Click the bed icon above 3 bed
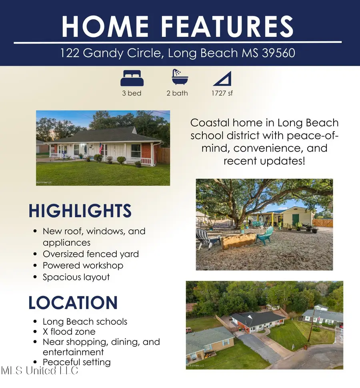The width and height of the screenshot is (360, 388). click(132, 78)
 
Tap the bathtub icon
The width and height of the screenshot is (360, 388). click(177, 77)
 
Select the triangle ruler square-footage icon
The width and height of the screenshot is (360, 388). click(222, 78)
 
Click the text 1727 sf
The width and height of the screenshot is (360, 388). click(222, 93)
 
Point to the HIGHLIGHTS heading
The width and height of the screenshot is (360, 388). click(80, 211)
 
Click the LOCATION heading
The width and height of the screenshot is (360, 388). click(73, 303)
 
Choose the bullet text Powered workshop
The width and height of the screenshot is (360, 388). click(83, 266)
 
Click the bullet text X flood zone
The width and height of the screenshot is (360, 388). click(69, 332)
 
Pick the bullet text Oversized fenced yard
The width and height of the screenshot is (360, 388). click(91, 254)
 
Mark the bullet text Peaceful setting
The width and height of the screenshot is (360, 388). click(77, 362)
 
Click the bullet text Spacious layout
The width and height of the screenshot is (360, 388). click(76, 277)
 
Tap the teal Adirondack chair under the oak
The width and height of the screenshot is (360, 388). click(265, 236)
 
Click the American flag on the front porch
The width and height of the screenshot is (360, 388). click(101, 148)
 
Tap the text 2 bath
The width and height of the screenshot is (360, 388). click(177, 93)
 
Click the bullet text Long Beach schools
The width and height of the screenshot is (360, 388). click(85, 322)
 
